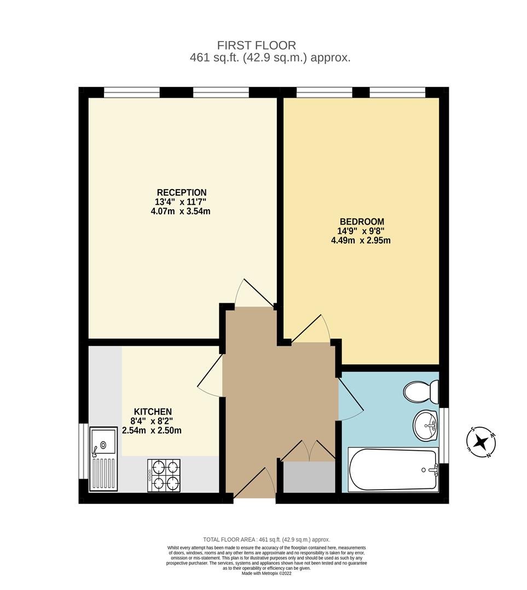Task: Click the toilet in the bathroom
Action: coord(422,391)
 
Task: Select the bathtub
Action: coord(393,469)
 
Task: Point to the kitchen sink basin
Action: coord(104,441)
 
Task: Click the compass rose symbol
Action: coord(482,441)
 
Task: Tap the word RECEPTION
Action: coord(182,192)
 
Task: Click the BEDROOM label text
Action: coord(362,221)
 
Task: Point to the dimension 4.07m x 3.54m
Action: coord(181,211)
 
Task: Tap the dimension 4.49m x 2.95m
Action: coord(361,240)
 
